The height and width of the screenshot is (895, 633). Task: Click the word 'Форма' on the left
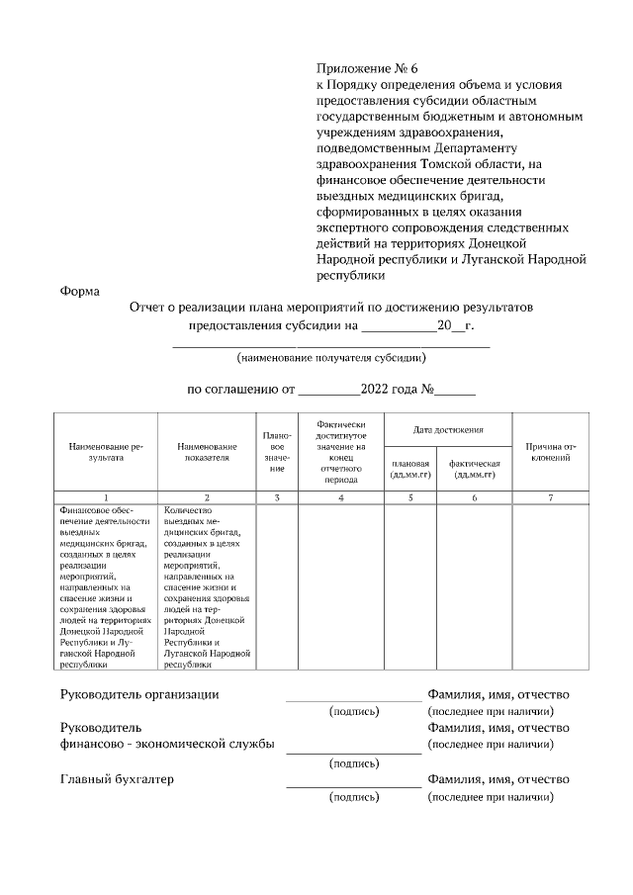tap(78, 291)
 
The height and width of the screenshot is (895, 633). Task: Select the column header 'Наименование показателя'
tap(207, 453)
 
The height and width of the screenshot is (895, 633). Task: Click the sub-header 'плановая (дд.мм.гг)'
tap(410, 469)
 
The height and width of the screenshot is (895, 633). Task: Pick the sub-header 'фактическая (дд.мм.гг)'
tap(475, 469)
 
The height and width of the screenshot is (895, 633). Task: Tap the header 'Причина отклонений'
tap(551, 453)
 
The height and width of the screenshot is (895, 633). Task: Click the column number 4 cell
tap(340, 497)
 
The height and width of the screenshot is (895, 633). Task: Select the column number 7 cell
tap(551, 497)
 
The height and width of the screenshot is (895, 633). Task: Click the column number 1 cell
tap(106, 497)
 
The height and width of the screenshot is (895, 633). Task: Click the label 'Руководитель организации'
tap(139, 694)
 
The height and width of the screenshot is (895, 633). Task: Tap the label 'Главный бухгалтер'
tap(117, 779)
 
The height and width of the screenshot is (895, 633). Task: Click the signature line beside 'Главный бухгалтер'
tap(353, 787)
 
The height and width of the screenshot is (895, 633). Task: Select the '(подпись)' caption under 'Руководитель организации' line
tap(353, 711)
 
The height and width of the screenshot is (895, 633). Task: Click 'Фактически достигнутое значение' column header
tap(340, 451)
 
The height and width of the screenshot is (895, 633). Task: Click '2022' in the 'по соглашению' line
tap(364, 389)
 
